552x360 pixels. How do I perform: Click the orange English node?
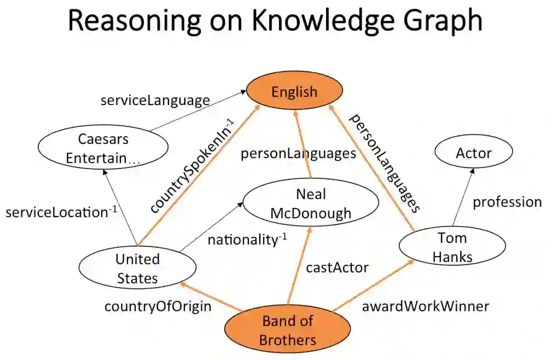pyautogui.click(x=294, y=91)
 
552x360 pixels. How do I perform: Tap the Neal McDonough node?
pyautogui.click(x=311, y=204)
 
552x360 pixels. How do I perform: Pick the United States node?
pyautogui.click(x=137, y=268)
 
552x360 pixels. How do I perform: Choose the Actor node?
pyautogui.click(x=474, y=153)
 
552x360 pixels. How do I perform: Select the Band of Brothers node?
pyautogui.click(x=288, y=330)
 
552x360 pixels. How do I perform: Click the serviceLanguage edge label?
pyautogui.click(x=155, y=100)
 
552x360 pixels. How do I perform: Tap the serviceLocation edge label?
pyautogui.click(x=61, y=212)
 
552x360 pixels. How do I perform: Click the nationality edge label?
pyautogui.click(x=247, y=239)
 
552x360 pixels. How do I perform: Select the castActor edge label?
pyautogui.click(x=337, y=268)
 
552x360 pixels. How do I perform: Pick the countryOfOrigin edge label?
pyautogui.click(x=158, y=306)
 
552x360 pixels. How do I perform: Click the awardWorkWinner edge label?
pyautogui.click(x=425, y=306)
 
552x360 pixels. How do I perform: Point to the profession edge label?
pyautogui.click(x=507, y=202)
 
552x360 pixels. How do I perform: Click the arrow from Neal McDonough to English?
pyautogui.click(x=303, y=145)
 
